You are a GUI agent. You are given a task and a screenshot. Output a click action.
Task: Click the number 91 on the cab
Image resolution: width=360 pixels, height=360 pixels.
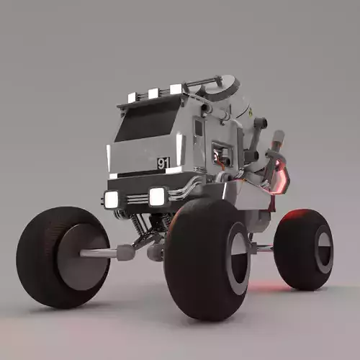(163, 163)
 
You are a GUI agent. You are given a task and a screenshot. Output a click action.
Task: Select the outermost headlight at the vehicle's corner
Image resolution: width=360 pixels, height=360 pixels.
(111, 199)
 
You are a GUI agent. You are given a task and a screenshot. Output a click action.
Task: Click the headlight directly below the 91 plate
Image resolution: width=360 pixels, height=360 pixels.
(157, 196)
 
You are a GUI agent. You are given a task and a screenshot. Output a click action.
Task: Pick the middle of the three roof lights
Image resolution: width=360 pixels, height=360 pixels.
(153, 93)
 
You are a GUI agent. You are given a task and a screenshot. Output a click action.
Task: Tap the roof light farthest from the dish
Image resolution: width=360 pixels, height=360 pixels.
(132, 97)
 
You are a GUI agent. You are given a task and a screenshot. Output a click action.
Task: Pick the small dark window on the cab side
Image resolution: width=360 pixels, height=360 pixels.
(198, 128)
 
